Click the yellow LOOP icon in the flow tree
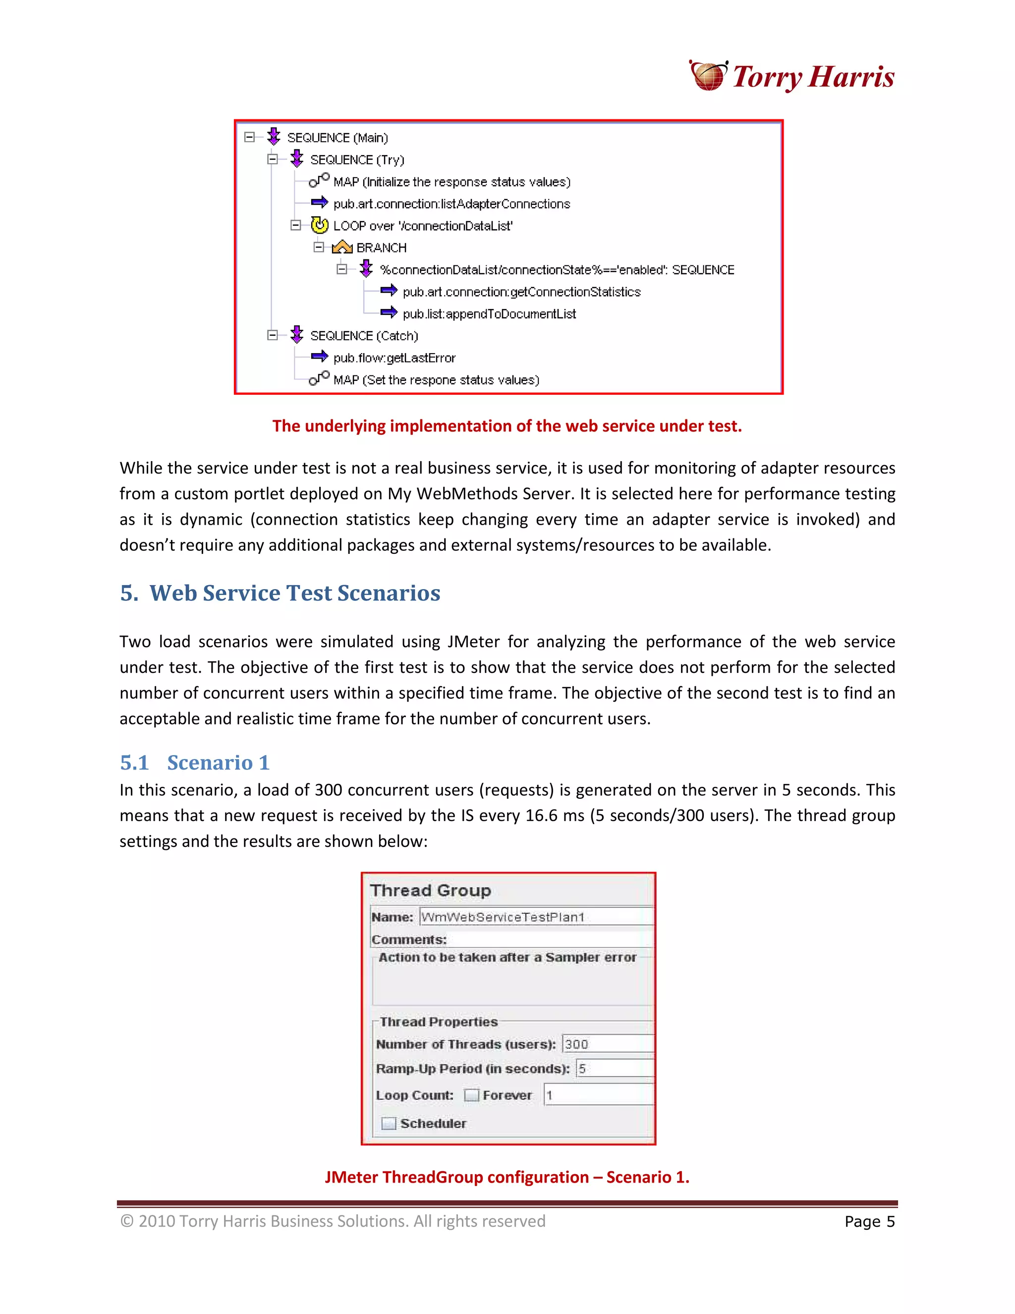[x=320, y=226]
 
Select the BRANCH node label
[x=381, y=248]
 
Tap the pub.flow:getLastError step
[x=395, y=358]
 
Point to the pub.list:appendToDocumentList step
[x=489, y=314]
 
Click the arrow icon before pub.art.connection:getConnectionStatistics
[x=389, y=292]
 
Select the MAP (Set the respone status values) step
[x=436, y=380]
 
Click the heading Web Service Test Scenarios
[x=295, y=593]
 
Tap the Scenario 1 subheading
[x=218, y=763]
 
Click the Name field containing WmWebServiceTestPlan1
[x=535, y=917]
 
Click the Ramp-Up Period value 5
[x=614, y=1069]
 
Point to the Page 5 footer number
[x=869, y=1222]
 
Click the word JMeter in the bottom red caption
[x=352, y=1178]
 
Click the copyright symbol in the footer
[x=127, y=1221]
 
